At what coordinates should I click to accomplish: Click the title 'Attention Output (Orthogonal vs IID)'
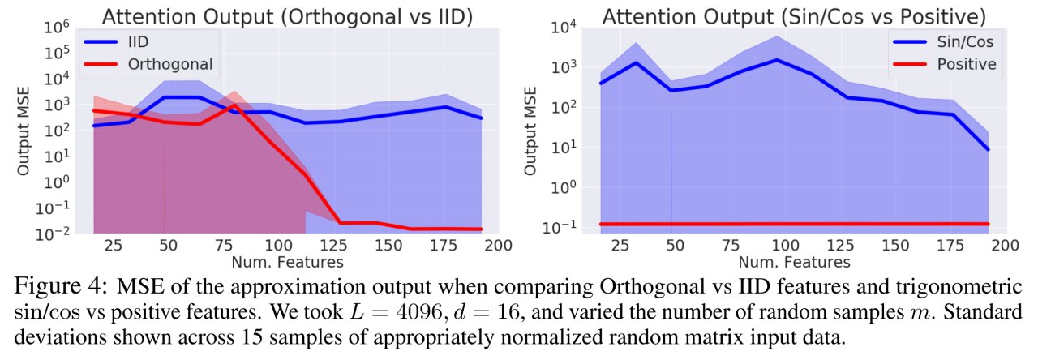tap(287, 17)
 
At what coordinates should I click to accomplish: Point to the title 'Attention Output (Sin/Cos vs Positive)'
tap(794, 17)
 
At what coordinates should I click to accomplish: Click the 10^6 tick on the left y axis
tap(57, 28)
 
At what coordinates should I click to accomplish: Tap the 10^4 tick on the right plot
tap(564, 28)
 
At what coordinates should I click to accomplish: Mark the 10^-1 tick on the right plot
tap(560, 227)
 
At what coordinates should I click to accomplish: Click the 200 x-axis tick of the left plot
tap(498, 245)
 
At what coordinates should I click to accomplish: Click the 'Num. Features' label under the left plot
tap(287, 262)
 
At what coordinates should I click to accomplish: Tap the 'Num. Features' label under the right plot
tap(794, 262)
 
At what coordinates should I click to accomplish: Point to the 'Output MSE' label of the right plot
tap(530, 131)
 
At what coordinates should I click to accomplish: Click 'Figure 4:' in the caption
tap(61, 286)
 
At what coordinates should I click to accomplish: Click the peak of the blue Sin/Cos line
tap(777, 60)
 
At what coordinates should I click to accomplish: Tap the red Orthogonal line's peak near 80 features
tap(234, 105)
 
